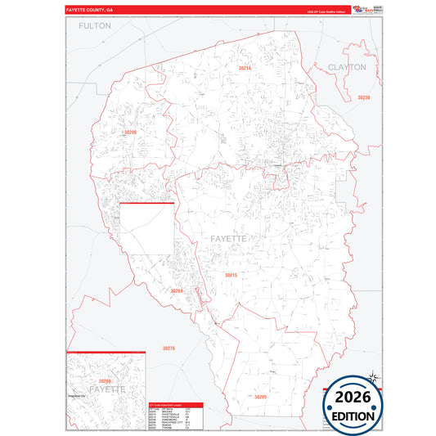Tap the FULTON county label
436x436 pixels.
click(95, 26)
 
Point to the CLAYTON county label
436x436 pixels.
click(347, 66)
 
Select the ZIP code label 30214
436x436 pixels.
click(245, 68)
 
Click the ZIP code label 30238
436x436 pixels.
click(364, 97)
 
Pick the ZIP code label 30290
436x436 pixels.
click(130, 132)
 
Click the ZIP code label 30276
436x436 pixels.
click(169, 348)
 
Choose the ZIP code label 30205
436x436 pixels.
click(260, 396)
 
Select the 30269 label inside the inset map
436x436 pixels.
click(104, 380)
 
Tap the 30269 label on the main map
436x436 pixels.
click(176, 290)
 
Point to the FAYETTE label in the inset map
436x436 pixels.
click(106, 389)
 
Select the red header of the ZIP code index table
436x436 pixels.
click(176, 405)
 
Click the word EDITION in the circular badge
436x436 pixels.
click(353, 416)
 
